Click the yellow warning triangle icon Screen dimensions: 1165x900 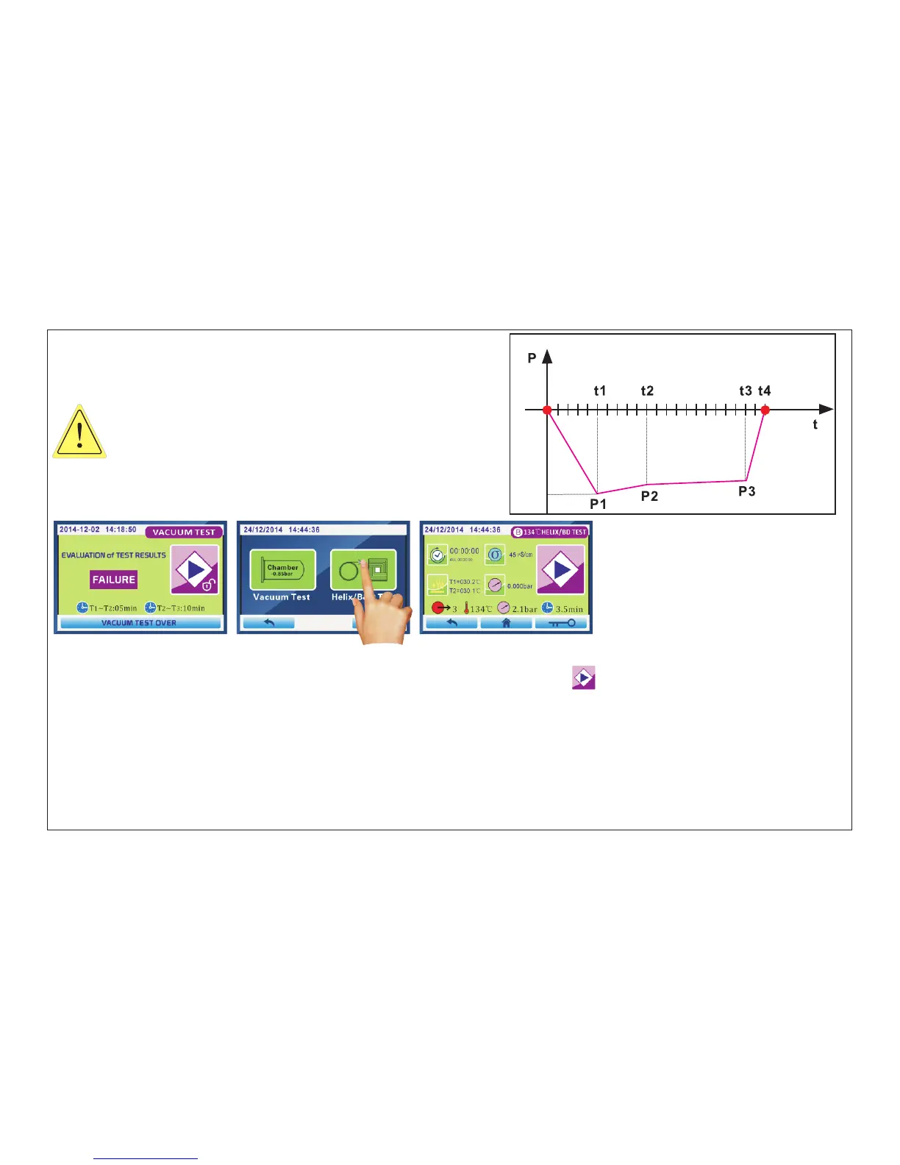pyautogui.click(x=79, y=432)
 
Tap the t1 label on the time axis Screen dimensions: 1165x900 pyautogui.click(x=600, y=391)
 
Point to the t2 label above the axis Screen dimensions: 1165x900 pyautogui.click(x=647, y=391)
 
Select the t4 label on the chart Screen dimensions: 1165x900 pyautogui.click(x=765, y=391)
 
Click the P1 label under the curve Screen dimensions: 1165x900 pyautogui.click(x=599, y=504)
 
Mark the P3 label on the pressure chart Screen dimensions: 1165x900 pyautogui.click(x=747, y=491)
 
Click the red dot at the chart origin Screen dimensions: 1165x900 pyautogui.click(x=547, y=410)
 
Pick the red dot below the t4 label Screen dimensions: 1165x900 pyautogui.click(x=765, y=410)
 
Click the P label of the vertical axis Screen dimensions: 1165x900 pyautogui.click(x=532, y=358)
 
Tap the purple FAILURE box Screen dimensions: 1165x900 pyautogui.click(x=114, y=580)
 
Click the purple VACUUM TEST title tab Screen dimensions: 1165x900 pyautogui.click(x=184, y=532)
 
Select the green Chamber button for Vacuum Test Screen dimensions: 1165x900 pyautogui.click(x=282, y=570)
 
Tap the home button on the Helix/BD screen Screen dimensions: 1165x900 pyautogui.click(x=506, y=623)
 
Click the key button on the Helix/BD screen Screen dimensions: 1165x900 pyautogui.click(x=562, y=623)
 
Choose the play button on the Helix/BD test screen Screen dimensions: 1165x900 pyautogui.click(x=561, y=569)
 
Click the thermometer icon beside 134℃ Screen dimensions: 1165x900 pyautogui.click(x=466, y=609)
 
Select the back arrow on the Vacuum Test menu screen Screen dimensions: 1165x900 pyautogui.click(x=268, y=623)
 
